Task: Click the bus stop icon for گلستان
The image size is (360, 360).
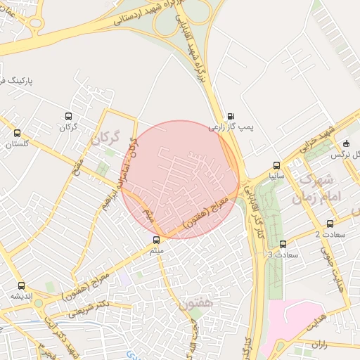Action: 17,133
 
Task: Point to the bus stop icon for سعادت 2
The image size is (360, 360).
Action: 330,224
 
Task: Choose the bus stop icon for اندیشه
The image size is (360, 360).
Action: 21,285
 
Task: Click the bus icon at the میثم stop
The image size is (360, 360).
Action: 156,239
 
